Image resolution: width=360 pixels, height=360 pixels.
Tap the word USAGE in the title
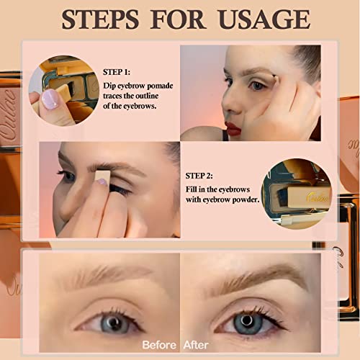tap(256, 18)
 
